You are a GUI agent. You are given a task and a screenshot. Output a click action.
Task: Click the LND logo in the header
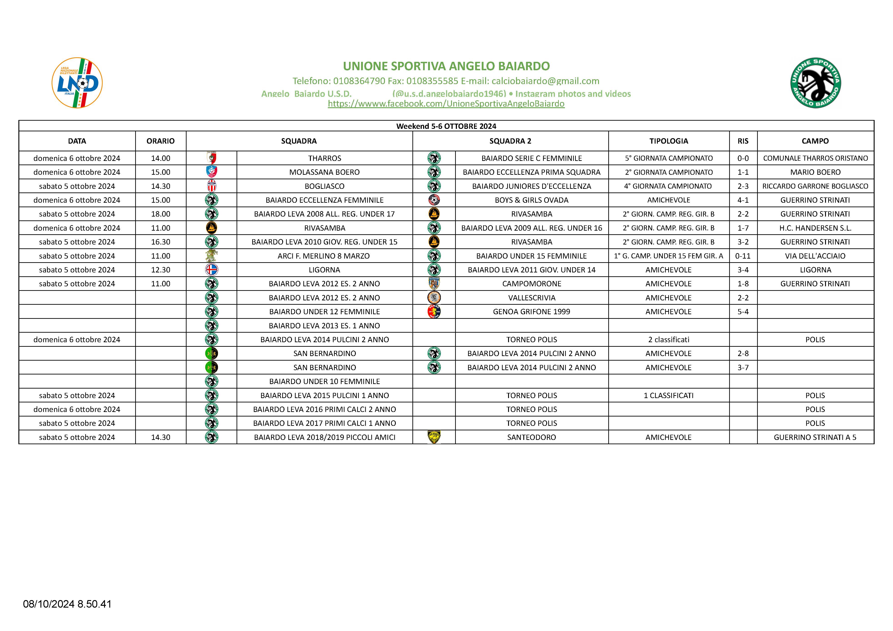77,83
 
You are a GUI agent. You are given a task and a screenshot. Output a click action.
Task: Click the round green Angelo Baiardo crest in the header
815,83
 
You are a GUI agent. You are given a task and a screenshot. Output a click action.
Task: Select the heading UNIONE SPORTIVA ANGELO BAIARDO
446,66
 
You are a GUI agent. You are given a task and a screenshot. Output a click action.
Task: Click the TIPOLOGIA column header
668,141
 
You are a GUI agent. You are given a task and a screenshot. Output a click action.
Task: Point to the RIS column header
743,141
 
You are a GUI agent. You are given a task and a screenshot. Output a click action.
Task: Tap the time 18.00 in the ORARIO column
161,214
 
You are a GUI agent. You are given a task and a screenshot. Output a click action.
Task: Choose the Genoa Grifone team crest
434,312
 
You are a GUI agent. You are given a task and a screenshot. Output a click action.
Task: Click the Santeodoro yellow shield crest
434,437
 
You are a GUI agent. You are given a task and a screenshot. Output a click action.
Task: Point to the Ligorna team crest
212,269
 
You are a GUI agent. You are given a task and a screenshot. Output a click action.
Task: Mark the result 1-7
743,228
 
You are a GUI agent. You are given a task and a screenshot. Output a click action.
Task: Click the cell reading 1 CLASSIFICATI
668,395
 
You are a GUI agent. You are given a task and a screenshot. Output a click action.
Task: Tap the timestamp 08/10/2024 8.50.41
67,604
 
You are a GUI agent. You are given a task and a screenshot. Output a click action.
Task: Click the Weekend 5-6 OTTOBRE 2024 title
446,126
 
